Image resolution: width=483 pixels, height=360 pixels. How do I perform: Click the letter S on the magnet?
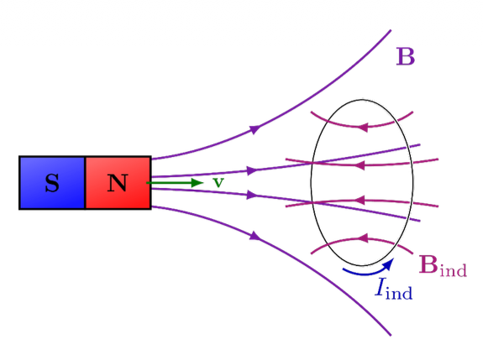(x=52, y=183)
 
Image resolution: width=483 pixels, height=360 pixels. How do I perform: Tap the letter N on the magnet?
(x=118, y=183)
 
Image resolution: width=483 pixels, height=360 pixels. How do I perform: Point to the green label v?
(x=218, y=181)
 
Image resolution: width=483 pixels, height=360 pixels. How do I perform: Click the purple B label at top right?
(x=405, y=57)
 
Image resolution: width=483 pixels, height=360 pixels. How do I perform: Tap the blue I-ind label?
(x=394, y=289)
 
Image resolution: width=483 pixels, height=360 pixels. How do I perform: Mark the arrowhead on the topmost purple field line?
(x=255, y=128)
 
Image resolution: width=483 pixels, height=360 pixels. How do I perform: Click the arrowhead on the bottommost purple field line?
(x=255, y=237)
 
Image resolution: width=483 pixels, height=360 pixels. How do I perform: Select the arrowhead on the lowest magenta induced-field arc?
(x=362, y=239)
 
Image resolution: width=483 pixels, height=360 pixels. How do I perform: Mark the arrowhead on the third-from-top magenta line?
(x=361, y=201)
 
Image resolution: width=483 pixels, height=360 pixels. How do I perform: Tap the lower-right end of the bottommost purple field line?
(x=390, y=335)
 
